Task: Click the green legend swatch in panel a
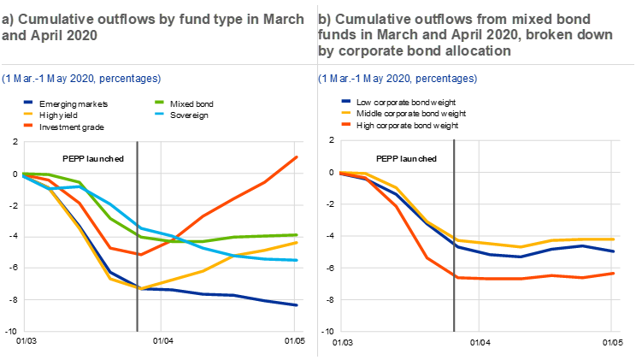tap(159, 102)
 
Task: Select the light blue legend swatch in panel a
tap(159, 113)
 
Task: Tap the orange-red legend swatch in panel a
tap(28, 125)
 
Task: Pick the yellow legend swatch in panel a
tap(28, 113)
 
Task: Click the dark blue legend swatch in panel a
tap(28, 102)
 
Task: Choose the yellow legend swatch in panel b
tap(346, 112)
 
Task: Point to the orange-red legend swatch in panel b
tap(346, 124)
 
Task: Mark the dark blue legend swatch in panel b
tap(346, 101)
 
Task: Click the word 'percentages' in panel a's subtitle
tap(131, 79)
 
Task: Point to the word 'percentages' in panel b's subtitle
tap(447, 79)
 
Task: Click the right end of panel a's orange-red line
tap(297, 156)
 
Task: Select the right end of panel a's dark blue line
tap(297, 305)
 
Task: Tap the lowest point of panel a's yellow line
tap(138, 288)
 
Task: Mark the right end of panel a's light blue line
tap(297, 260)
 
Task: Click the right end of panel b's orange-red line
tap(614, 273)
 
